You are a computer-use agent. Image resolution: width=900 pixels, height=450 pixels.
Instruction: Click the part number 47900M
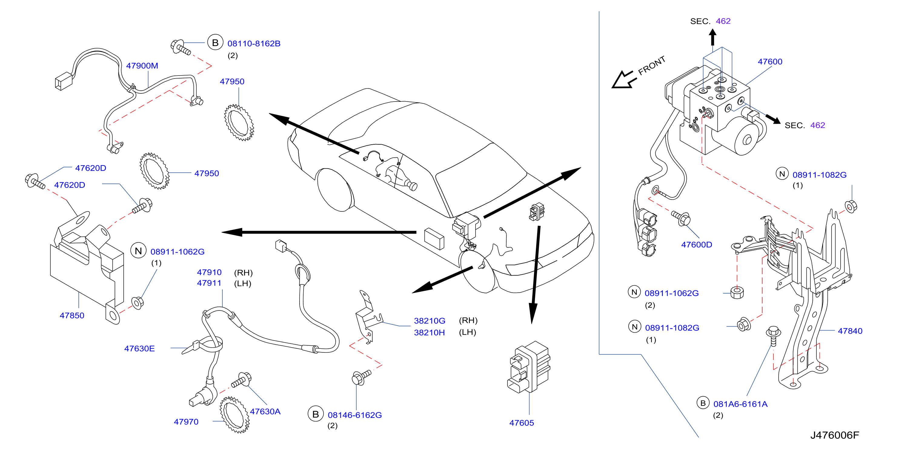tap(142, 66)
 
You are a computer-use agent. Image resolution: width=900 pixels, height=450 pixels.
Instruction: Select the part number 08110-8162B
tap(254, 44)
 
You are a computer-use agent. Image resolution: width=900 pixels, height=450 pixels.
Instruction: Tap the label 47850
tap(72, 315)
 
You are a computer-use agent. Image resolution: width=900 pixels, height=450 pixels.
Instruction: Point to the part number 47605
tap(521, 423)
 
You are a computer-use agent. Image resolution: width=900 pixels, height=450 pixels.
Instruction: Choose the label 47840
tap(850, 331)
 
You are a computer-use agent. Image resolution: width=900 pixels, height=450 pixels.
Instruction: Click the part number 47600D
tap(696, 245)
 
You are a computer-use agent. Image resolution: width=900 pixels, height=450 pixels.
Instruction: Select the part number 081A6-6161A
tap(740, 404)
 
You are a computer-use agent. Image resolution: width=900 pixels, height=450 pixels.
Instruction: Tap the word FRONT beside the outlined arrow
tap(652, 65)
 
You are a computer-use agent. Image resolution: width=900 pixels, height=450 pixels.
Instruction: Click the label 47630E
tap(139, 349)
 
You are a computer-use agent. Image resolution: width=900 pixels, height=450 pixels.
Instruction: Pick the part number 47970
tap(186, 422)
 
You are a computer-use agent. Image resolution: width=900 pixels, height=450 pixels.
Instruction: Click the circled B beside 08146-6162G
tap(315, 414)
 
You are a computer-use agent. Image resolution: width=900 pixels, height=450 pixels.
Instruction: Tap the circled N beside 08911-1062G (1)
tap(138, 251)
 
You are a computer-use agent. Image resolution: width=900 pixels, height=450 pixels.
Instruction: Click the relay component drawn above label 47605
tap(528, 367)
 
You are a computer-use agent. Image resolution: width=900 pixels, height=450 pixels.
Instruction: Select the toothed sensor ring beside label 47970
tap(234, 415)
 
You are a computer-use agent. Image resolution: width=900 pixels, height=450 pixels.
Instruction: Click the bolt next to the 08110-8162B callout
tap(181, 47)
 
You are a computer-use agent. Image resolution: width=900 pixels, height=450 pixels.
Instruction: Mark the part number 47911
tap(209, 283)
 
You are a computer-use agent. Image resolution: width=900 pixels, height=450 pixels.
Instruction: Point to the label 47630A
tap(265, 411)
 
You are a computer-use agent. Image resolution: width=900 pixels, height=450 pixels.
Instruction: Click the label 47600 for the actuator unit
tap(770, 62)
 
